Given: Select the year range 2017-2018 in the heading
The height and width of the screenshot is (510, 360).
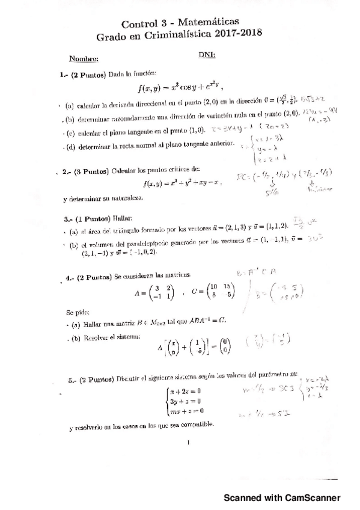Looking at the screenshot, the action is coord(237,36).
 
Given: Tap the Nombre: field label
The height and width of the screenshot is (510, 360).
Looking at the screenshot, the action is coord(83,59).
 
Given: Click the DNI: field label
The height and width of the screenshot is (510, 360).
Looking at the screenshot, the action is coord(207,55).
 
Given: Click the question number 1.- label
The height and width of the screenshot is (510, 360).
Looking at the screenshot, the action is coord(64,75).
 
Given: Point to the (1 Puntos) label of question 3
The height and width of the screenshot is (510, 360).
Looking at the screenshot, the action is coord(91,218).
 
